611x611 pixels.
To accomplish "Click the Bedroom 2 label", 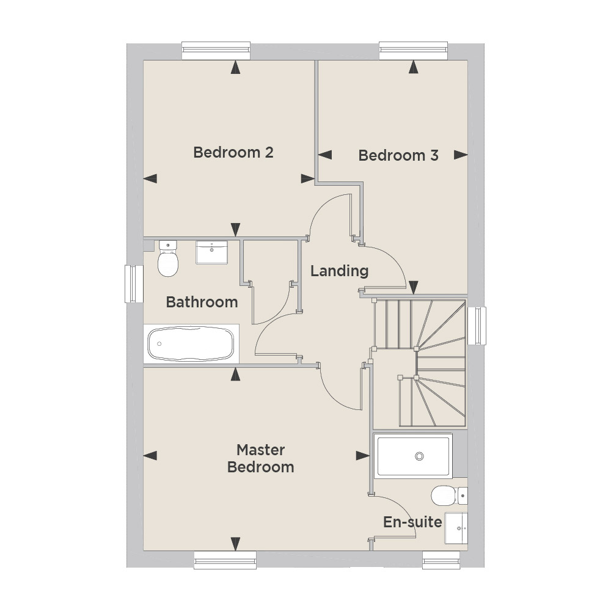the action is (x=233, y=152).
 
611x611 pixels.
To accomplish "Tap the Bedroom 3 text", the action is (x=398, y=155).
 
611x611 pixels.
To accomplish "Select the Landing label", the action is (x=339, y=271).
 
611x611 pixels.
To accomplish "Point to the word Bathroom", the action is (x=202, y=302).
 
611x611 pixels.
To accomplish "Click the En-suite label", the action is (x=412, y=522).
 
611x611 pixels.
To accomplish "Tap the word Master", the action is (x=261, y=450).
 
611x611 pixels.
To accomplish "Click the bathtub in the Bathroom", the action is (x=191, y=343).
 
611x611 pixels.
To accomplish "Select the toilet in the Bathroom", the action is (x=168, y=258).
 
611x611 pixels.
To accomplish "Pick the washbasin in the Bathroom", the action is (x=211, y=252).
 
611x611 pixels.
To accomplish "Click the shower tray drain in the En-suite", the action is (x=419, y=456).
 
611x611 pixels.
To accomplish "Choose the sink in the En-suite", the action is (x=456, y=528).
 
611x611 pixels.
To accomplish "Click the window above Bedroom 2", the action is (x=216, y=51).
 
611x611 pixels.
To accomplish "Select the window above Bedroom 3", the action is (x=414, y=51).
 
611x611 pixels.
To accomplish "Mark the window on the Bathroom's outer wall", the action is (x=134, y=284).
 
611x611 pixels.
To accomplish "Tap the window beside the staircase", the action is (x=477, y=326).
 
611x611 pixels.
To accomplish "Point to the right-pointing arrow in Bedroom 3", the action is (x=461, y=155).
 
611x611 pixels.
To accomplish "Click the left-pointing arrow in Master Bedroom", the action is (x=150, y=455).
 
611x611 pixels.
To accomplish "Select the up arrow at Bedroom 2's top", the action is (x=235, y=67).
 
